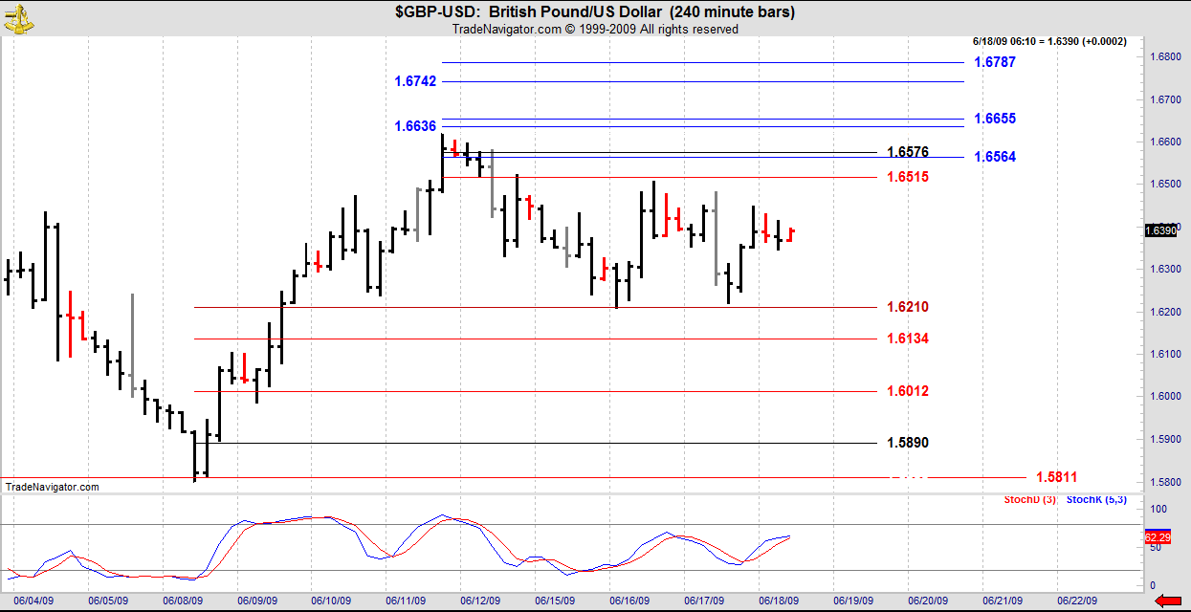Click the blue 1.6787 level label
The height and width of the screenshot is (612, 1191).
(x=994, y=62)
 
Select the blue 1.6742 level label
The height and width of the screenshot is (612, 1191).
(x=415, y=81)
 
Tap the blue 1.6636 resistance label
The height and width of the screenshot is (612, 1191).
(x=415, y=126)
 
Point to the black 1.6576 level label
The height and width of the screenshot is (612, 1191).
(x=908, y=152)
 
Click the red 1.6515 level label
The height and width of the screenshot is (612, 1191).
(x=908, y=177)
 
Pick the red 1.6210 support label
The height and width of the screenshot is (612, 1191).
(x=908, y=307)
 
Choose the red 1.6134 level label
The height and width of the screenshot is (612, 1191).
(x=908, y=339)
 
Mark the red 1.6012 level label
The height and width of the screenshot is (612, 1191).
(x=908, y=391)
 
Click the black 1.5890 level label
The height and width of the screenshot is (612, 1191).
(x=908, y=443)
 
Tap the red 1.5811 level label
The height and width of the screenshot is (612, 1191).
(x=1056, y=477)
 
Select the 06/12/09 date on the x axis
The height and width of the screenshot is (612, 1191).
(x=480, y=601)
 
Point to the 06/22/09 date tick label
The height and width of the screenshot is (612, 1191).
(x=1077, y=601)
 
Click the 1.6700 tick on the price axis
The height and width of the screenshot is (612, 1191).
(x=1165, y=100)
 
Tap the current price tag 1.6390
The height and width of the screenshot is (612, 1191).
(x=1160, y=230)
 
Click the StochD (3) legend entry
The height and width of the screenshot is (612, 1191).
(x=1030, y=500)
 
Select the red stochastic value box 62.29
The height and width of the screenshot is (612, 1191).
(x=1158, y=537)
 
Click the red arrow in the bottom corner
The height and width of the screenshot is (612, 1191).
(x=1169, y=601)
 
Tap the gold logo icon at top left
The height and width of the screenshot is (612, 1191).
(x=18, y=19)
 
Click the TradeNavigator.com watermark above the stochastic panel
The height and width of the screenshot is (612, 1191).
(x=52, y=487)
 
